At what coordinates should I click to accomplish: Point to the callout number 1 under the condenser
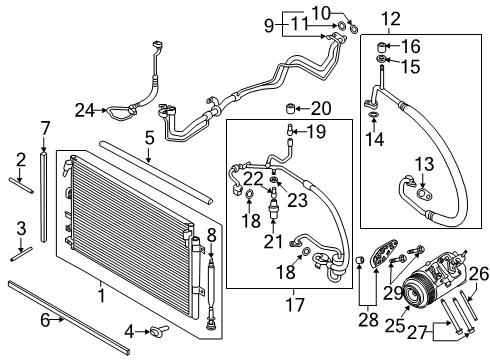99,297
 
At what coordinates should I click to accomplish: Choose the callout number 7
44,127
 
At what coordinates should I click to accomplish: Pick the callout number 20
319,108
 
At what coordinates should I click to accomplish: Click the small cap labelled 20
294,108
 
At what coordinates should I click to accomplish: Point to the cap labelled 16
381,45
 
